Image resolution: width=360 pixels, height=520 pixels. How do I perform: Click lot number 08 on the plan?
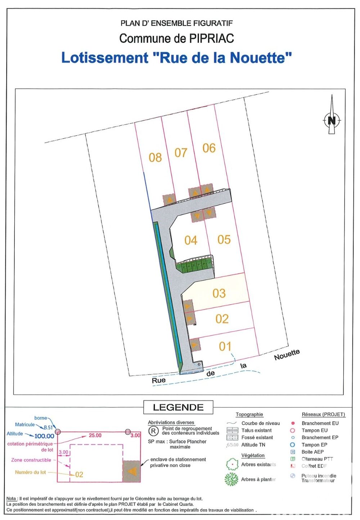click(x=155, y=157)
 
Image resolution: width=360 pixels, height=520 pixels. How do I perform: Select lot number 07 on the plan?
click(x=181, y=153)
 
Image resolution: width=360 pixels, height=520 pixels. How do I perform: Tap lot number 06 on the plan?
click(x=209, y=148)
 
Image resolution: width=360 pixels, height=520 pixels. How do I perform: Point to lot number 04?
click(x=191, y=240)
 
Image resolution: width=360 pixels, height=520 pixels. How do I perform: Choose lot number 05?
click(x=224, y=239)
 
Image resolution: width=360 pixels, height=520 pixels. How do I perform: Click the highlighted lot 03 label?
click(x=219, y=293)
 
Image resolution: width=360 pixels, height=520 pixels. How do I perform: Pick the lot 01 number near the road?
click(x=225, y=346)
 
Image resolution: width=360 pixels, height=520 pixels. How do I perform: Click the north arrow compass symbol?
click(x=332, y=120)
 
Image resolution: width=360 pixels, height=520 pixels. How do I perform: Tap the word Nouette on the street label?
click(x=287, y=354)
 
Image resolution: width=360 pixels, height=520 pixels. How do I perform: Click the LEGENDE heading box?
click(x=178, y=407)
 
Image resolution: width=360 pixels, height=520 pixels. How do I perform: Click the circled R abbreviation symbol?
click(x=153, y=431)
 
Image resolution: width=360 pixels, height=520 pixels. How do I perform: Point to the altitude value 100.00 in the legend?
click(x=44, y=436)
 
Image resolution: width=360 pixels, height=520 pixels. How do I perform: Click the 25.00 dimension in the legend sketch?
click(x=95, y=435)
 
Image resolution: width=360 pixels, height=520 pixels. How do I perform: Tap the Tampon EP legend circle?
click(x=293, y=445)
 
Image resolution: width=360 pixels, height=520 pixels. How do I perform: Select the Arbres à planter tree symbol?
click(x=231, y=479)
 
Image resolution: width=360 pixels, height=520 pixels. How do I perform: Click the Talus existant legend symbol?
click(x=233, y=430)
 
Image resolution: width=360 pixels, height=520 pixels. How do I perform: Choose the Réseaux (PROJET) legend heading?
click(x=323, y=414)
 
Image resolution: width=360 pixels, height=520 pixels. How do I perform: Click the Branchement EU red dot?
click(x=293, y=423)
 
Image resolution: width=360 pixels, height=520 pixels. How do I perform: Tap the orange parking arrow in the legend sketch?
click(x=132, y=471)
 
